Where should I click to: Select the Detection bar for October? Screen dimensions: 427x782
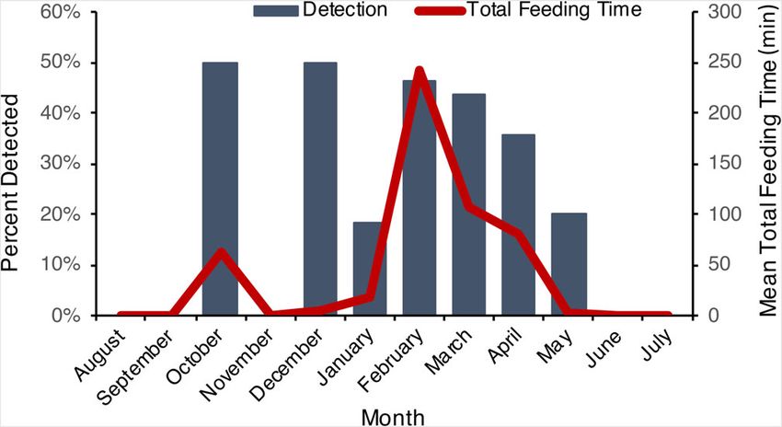point(220,189)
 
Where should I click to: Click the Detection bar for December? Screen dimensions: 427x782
point(320,189)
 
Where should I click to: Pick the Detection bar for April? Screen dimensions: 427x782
point(519,225)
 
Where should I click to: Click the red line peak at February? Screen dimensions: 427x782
point(420,72)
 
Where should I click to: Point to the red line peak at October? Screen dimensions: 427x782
point(220,251)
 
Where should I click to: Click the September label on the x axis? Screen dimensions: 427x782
point(143,359)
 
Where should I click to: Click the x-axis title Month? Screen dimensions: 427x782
point(393,416)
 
